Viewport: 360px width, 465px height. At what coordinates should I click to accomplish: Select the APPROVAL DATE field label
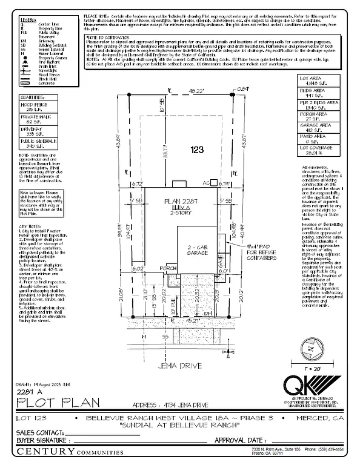(x=239, y=440)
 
